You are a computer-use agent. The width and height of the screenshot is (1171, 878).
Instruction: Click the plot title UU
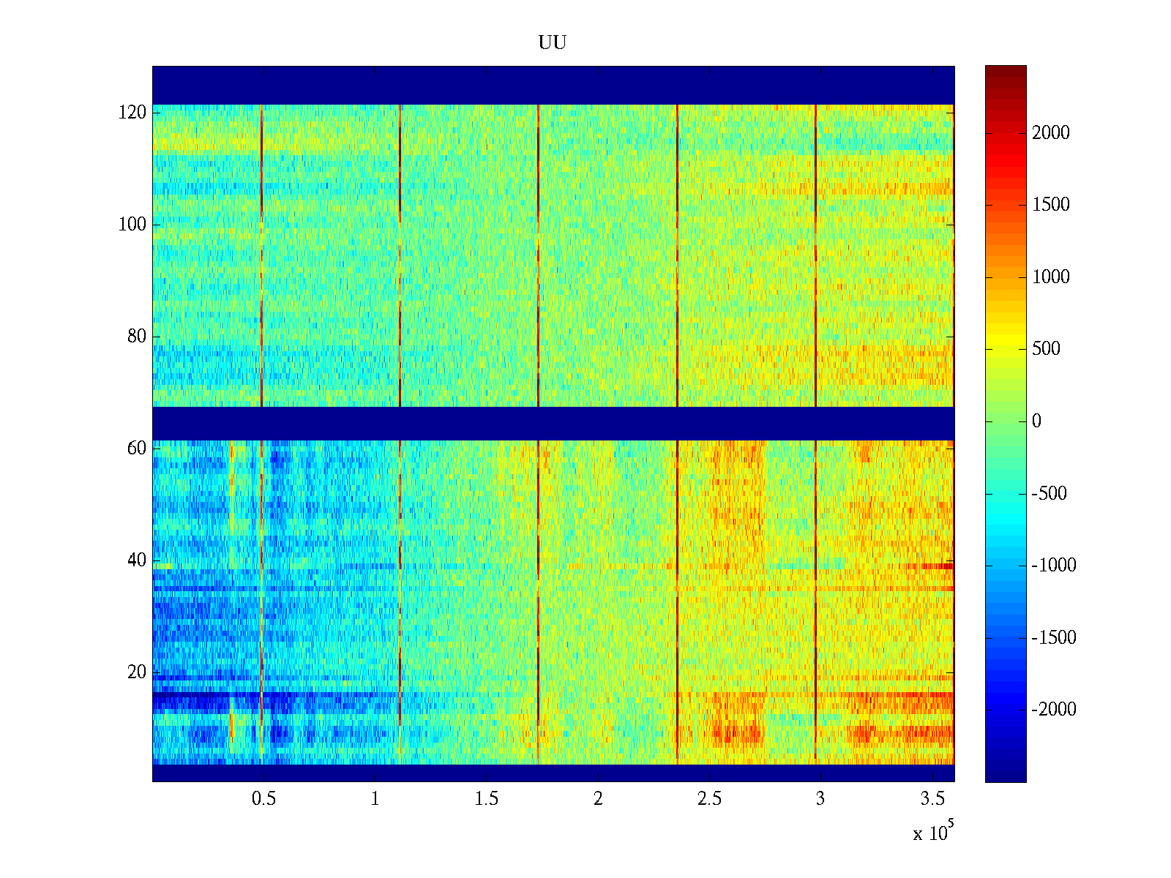(x=553, y=43)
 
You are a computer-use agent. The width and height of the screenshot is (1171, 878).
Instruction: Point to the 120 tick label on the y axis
(x=132, y=113)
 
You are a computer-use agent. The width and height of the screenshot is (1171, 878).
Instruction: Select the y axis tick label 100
(x=132, y=225)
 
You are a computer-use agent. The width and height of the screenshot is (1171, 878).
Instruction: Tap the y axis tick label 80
(x=137, y=337)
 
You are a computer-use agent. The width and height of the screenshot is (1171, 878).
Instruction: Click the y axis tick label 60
(x=137, y=449)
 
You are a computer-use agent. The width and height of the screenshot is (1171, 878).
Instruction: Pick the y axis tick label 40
(x=137, y=560)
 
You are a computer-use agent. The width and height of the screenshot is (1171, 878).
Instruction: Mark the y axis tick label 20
(x=137, y=672)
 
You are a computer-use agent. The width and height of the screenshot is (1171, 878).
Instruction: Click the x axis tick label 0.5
(x=263, y=799)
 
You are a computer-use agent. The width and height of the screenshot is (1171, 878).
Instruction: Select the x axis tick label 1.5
(x=487, y=799)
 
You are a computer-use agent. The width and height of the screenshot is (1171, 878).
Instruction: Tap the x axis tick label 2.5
(x=709, y=799)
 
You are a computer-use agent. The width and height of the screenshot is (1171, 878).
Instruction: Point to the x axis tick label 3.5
(x=932, y=799)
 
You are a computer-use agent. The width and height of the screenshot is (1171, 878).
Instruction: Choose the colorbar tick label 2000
(x=1051, y=132)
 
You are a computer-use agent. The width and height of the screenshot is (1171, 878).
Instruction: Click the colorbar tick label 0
(x=1036, y=421)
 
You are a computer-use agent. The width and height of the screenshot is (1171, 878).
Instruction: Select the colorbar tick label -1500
(x=1054, y=637)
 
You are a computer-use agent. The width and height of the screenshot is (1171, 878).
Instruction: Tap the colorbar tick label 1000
(x=1051, y=277)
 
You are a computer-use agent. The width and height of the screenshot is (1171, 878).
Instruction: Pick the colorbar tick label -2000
(x=1054, y=709)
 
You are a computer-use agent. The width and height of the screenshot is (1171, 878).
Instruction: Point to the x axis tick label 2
(x=598, y=799)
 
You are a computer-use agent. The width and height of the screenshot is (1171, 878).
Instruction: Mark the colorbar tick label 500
(x=1047, y=348)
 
